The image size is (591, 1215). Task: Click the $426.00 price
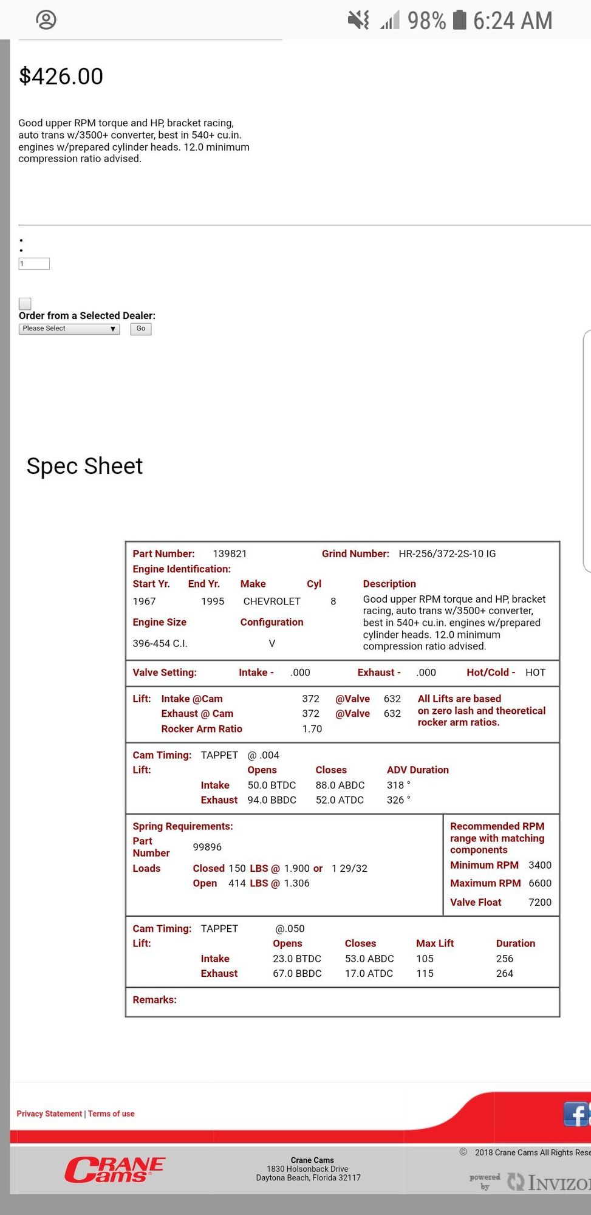pyautogui.click(x=61, y=77)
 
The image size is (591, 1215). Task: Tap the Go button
pyautogui.click(x=140, y=329)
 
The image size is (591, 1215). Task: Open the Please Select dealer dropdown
pyautogui.click(x=69, y=329)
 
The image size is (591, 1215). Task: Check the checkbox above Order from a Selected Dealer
pyautogui.click(x=25, y=303)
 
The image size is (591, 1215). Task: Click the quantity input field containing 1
pyautogui.click(x=34, y=264)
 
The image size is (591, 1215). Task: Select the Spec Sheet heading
pyautogui.click(x=84, y=466)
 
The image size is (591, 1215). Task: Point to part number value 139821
pyautogui.click(x=230, y=553)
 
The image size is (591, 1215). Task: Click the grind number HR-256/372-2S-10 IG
pyautogui.click(x=447, y=553)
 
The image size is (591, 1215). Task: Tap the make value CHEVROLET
pyautogui.click(x=272, y=601)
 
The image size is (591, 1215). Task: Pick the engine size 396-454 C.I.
pyautogui.click(x=160, y=643)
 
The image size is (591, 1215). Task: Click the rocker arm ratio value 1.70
pyautogui.click(x=312, y=728)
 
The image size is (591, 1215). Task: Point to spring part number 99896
pyautogui.click(x=207, y=847)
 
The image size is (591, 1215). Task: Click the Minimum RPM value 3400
pyautogui.click(x=539, y=865)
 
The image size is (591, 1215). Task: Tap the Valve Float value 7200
pyautogui.click(x=539, y=902)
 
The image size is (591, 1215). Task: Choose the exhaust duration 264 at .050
pyautogui.click(x=504, y=973)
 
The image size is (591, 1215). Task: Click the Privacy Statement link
pyautogui.click(x=49, y=1114)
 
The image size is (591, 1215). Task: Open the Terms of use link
pyautogui.click(x=111, y=1114)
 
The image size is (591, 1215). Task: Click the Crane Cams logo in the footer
pyautogui.click(x=115, y=1170)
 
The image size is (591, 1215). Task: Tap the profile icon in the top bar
pyautogui.click(x=46, y=20)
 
